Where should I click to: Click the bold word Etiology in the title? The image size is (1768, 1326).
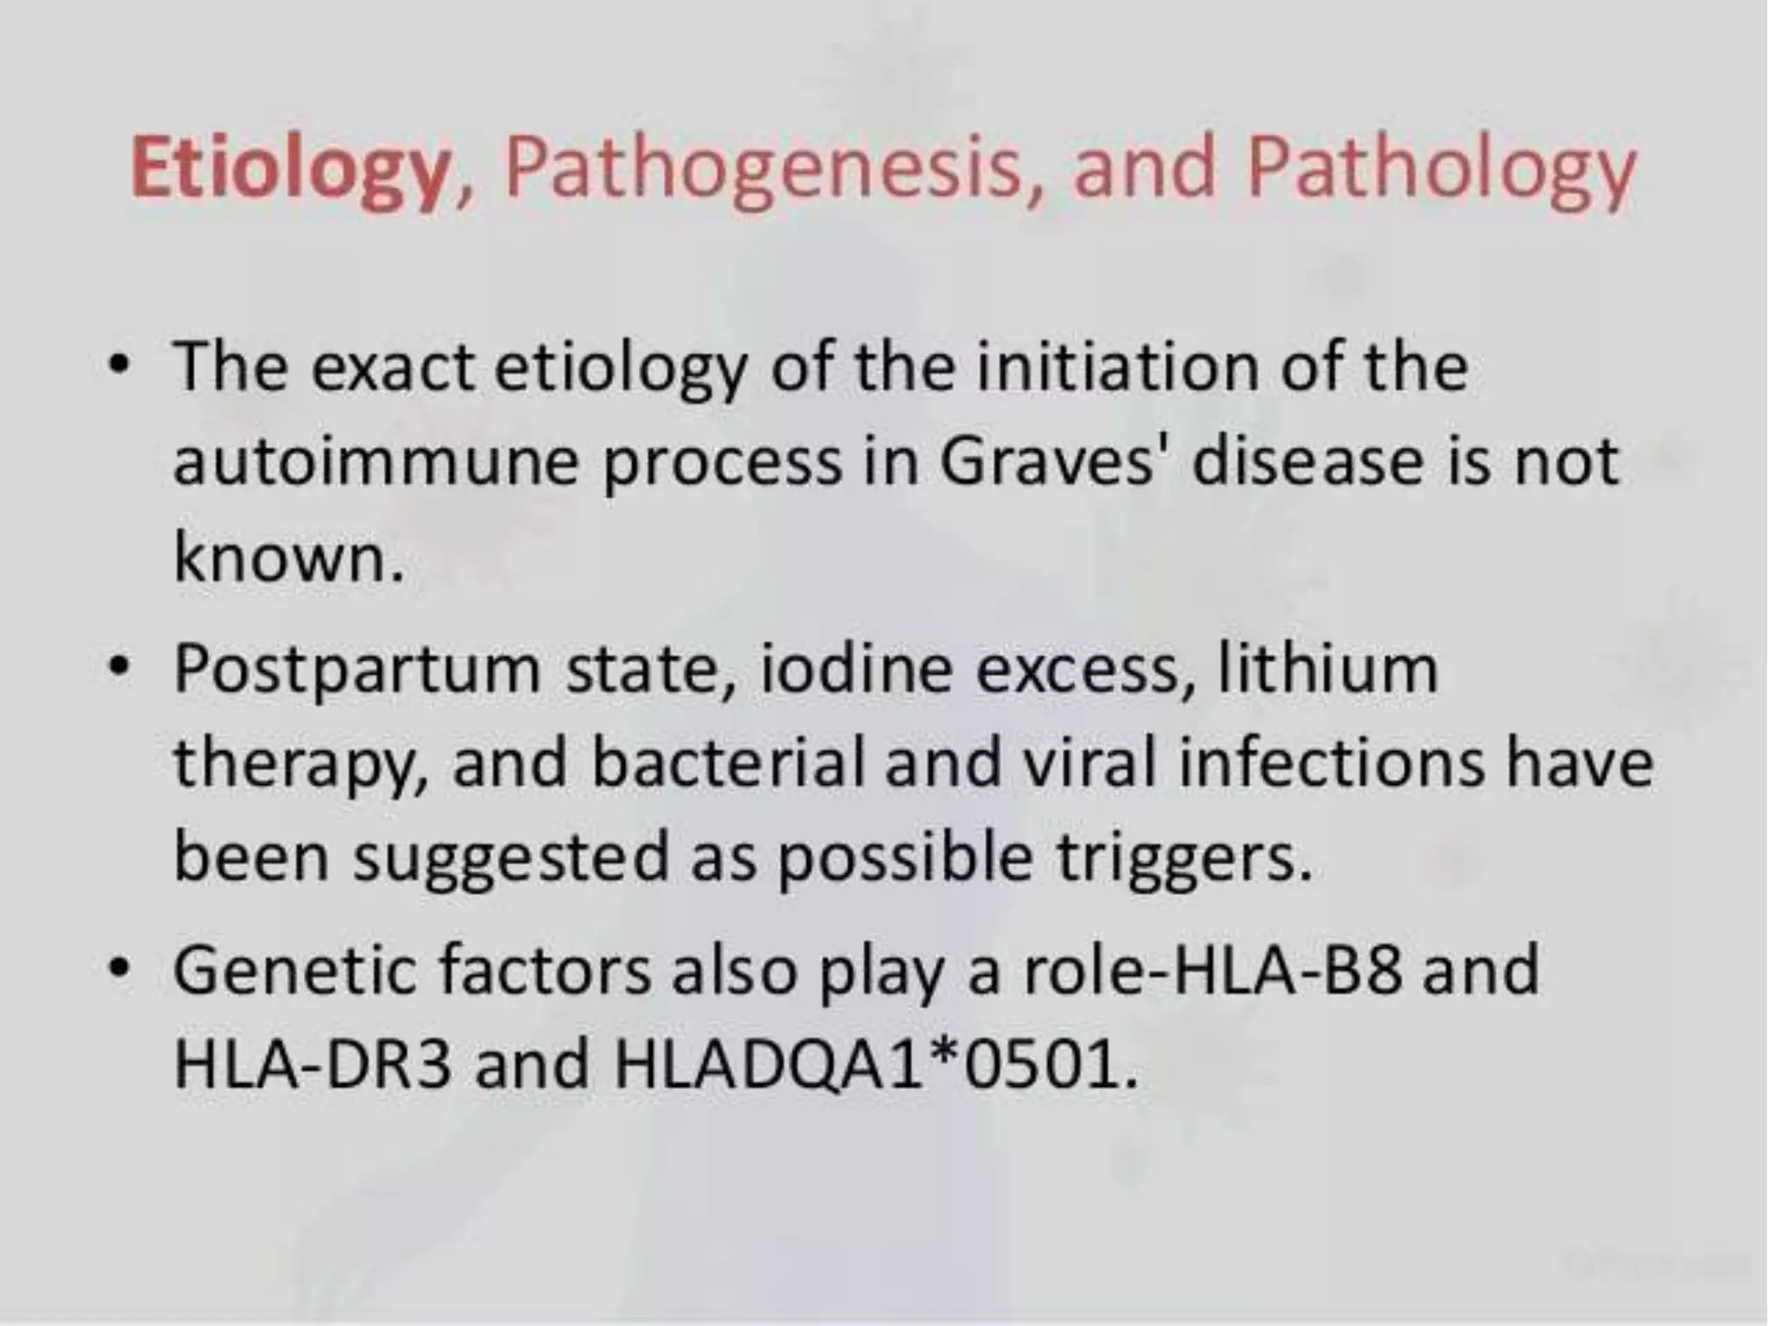click(289, 168)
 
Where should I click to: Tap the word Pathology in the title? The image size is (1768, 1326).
click(1440, 168)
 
